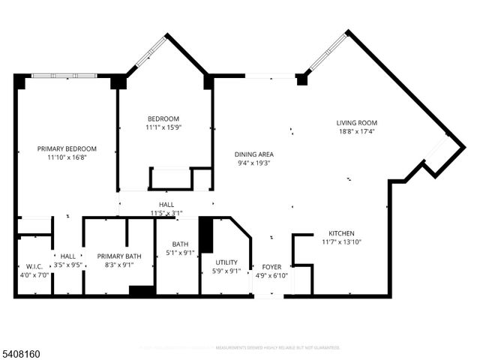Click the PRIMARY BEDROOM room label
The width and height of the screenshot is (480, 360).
tap(67, 148)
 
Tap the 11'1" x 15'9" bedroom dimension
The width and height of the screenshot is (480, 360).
tap(163, 128)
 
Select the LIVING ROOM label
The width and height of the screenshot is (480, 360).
tap(356, 123)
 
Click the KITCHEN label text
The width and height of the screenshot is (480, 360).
tap(341, 233)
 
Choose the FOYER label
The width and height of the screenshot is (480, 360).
tap(271, 266)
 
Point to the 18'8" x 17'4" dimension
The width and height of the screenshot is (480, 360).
tap(356, 132)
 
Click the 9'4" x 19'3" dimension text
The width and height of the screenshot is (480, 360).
tap(253, 163)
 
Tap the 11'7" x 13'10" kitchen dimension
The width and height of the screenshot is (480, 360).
tap(341, 242)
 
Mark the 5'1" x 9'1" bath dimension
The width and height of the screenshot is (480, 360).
tap(180, 253)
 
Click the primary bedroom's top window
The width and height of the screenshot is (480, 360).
tap(64, 75)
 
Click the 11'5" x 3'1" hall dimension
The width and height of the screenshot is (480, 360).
tap(166, 213)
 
